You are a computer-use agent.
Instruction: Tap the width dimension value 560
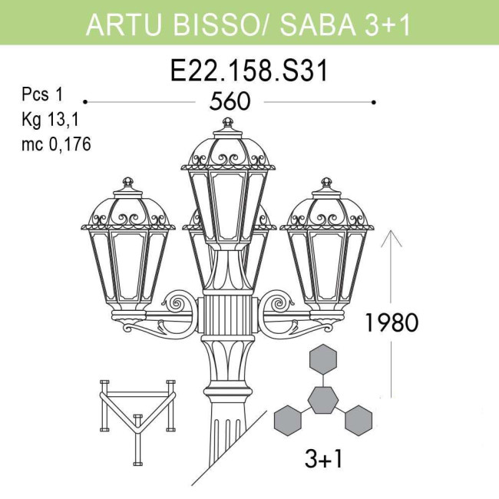pyautogui.click(x=230, y=101)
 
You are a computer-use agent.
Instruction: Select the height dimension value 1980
pyautogui.click(x=391, y=322)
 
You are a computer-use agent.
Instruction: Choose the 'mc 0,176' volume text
pyautogui.click(x=56, y=144)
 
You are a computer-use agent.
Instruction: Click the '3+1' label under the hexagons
pyautogui.click(x=323, y=460)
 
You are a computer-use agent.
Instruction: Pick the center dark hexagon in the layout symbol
pyautogui.click(x=323, y=400)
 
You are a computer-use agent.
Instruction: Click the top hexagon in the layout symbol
pyautogui.click(x=323, y=360)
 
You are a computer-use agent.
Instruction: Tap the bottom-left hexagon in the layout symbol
pyautogui.click(x=288, y=420)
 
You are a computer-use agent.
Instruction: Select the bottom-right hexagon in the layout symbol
pyautogui.click(x=358, y=420)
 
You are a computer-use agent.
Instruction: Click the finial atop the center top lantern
pyautogui.click(x=227, y=124)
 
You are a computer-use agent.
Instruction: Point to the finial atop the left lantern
pyautogui.click(x=127, y=185)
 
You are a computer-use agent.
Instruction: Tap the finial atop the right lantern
pyautogui.click(x=326, y=185)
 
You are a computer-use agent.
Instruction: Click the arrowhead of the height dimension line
pyautogui.click(x=391, y=234)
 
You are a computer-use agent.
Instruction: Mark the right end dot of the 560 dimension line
pyautogui.click(x=374, y=101)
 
